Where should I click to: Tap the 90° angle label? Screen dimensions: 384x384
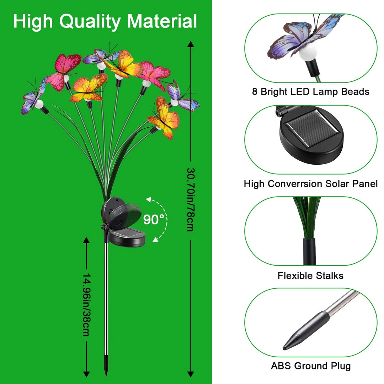[154, 219]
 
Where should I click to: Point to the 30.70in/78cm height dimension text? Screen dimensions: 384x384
[191, 199]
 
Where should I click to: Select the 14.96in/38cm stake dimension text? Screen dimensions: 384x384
[86, 305]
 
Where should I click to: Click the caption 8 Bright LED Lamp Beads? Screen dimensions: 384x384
[310, 92]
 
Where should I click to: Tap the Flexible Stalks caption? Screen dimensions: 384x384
[310, 276]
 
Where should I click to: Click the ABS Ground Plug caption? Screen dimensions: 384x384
[310, 366]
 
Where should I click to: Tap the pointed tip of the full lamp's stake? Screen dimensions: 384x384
[106, 375]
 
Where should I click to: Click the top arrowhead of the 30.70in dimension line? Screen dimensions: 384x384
[191, 44]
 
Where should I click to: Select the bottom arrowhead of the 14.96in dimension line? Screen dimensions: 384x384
[86, 374]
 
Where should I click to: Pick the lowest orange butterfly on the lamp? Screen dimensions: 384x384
[164, 117]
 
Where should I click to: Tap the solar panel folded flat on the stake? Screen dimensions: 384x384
[126, 237]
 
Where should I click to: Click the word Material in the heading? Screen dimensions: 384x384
[162, 21]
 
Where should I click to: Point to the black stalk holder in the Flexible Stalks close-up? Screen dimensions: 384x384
[309, 251]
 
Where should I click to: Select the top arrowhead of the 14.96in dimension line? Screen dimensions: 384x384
[86, 240]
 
